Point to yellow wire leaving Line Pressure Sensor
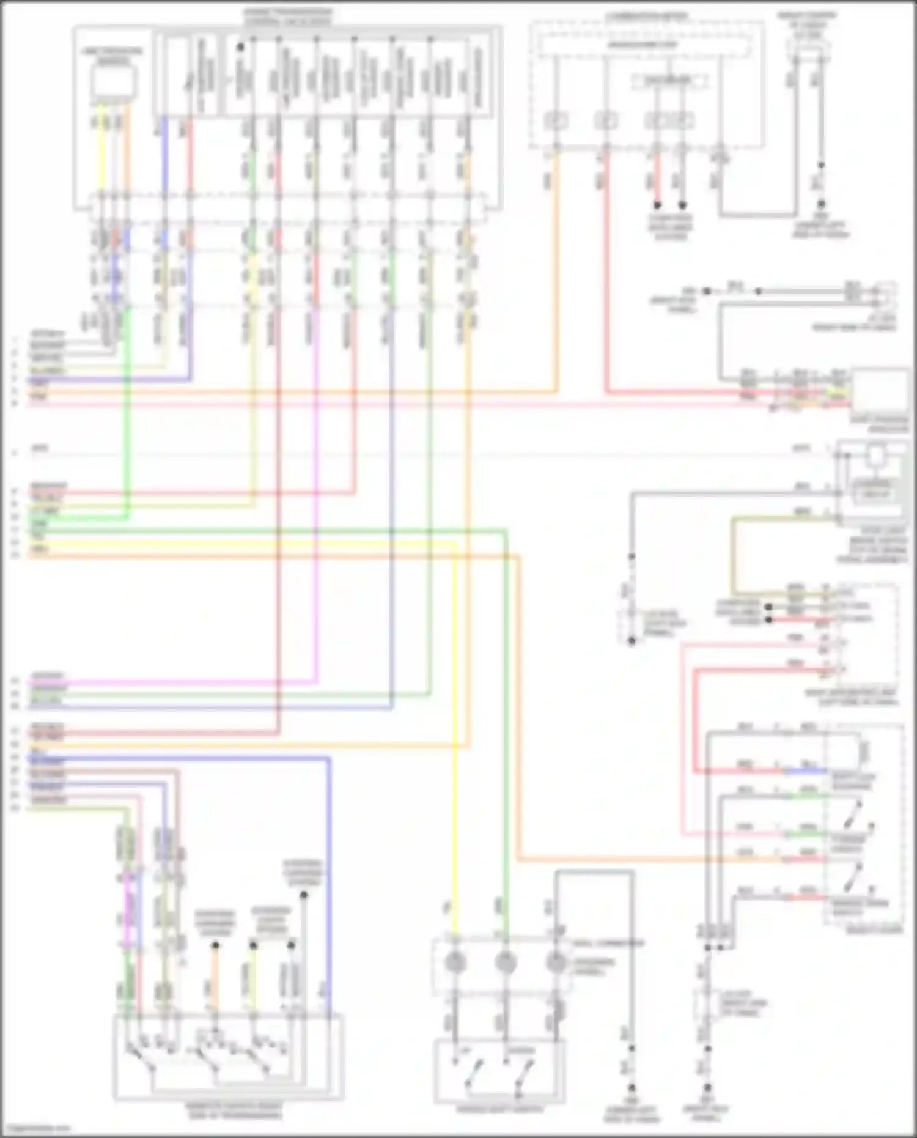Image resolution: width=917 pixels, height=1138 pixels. (x=102, y=153)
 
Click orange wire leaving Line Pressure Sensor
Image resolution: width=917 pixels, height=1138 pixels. (x=127, y=153)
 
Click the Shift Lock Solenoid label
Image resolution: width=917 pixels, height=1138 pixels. (x=853, y=782)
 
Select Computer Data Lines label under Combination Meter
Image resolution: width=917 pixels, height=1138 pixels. (x=670, y=227)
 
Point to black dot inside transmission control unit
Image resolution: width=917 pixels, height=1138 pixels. (x=240, y=46)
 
